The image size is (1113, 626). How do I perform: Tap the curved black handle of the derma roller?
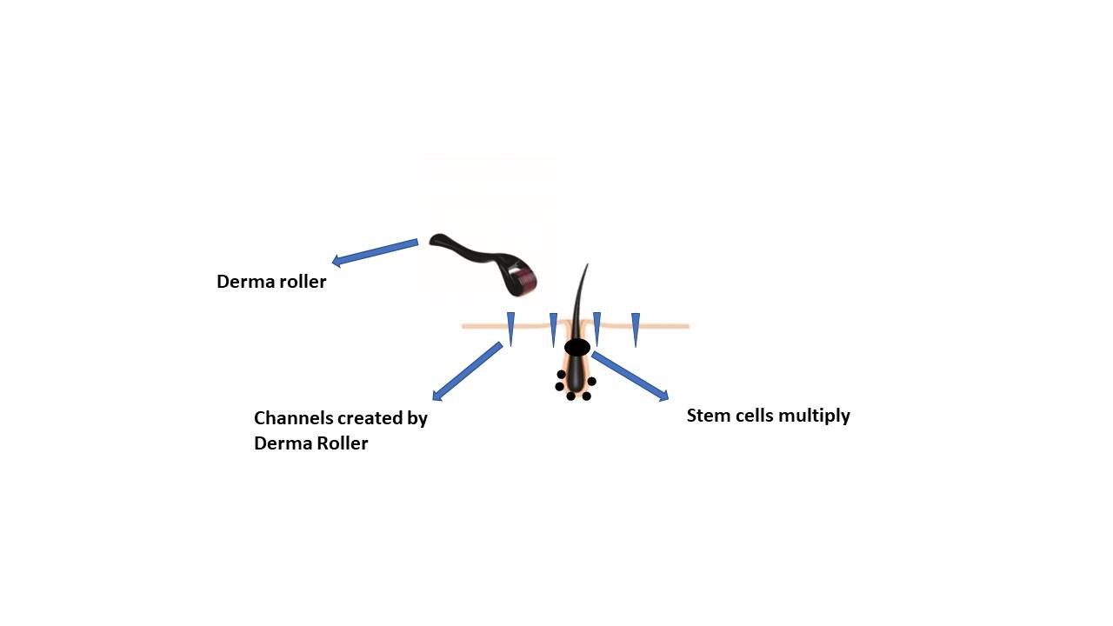tap(467, 252)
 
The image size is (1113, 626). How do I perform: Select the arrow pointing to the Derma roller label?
tap(375, 252)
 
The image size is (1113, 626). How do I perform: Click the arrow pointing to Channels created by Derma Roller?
tap(467, 371)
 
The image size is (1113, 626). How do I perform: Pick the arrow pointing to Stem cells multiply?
tap(630, 376)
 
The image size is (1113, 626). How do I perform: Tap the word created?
tap(370, 418)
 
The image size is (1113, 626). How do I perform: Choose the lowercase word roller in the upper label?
tap(303, 282)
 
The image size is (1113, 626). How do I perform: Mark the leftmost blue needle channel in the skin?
tap(510, 329)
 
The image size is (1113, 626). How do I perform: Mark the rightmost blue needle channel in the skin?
tap(636, 330)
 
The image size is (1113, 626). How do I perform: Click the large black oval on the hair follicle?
tap(577, 347)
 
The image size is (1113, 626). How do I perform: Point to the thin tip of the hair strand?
tap(588, 264)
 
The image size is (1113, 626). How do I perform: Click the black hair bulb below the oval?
tap(576, 374)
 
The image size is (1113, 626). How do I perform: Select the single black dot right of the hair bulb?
tap(592, 381)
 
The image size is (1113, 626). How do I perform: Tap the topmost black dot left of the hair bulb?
tap(561, 374)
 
